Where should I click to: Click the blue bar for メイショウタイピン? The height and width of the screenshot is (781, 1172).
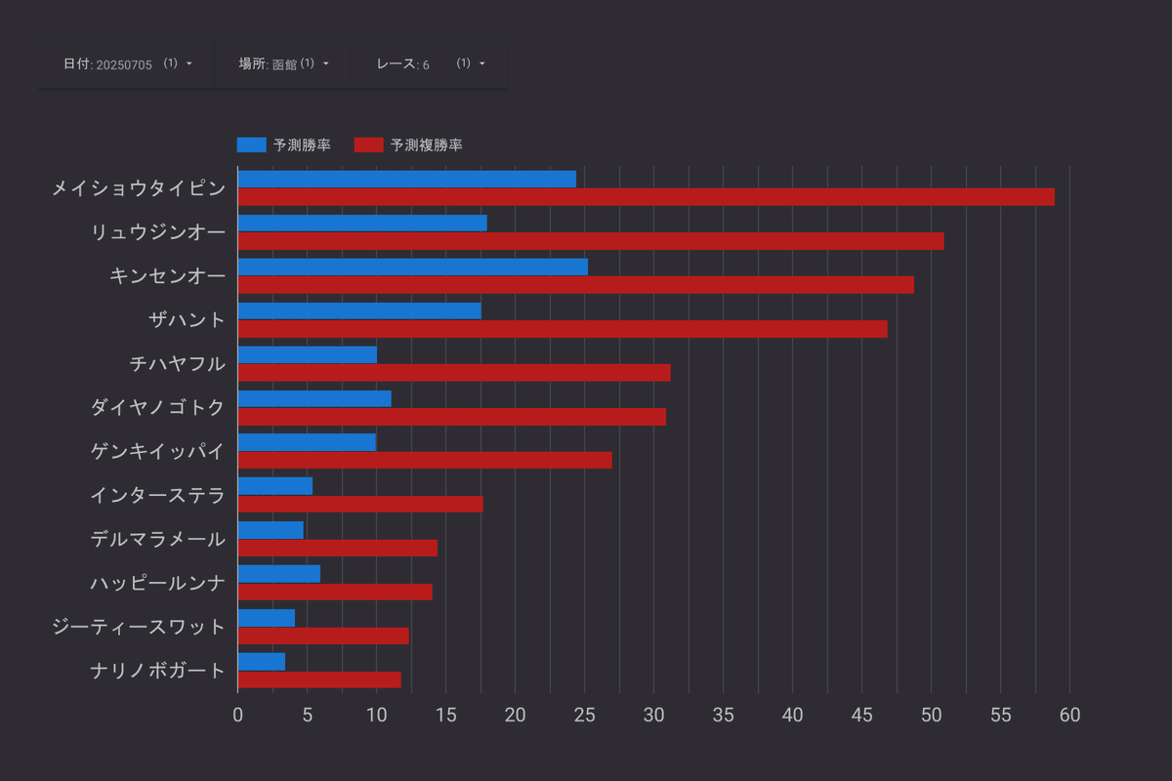[x=406, y=179]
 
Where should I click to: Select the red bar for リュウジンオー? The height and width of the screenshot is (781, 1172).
[x=591, y=241]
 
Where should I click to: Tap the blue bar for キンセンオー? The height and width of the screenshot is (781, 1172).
[x=412, y=267]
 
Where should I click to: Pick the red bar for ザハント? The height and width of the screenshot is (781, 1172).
[x=563, y=329]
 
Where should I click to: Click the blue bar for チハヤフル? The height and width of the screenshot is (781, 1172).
[x=307, y=354]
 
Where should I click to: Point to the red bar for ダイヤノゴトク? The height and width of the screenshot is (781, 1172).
[x=451, y=417]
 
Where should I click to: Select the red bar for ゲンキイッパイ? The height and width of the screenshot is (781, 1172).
[x=425, y=460]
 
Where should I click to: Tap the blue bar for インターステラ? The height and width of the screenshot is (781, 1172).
[x=274, y=485]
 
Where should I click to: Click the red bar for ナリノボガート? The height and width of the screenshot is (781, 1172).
[x=319, y=679]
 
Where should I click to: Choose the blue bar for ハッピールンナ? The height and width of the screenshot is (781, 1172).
[x=278, y=573]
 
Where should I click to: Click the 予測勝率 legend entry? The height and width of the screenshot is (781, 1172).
[x=283, y=145]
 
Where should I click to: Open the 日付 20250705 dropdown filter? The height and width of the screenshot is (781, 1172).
[x=127, y=63]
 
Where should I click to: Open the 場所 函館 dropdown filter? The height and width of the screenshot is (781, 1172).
[x=283, y=63]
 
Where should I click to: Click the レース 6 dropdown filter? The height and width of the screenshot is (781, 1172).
[x=430, y=63]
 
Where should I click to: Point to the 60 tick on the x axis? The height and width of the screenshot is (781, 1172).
[x=1069, y=715]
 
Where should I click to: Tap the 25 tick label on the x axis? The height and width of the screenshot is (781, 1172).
[x=584, y=715]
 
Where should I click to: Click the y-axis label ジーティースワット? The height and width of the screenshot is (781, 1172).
[x=139, y=627]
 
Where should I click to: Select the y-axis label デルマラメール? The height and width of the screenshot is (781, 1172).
[x=157, y=539]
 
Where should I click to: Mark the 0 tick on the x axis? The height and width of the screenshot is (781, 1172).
[x=237, y=715]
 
